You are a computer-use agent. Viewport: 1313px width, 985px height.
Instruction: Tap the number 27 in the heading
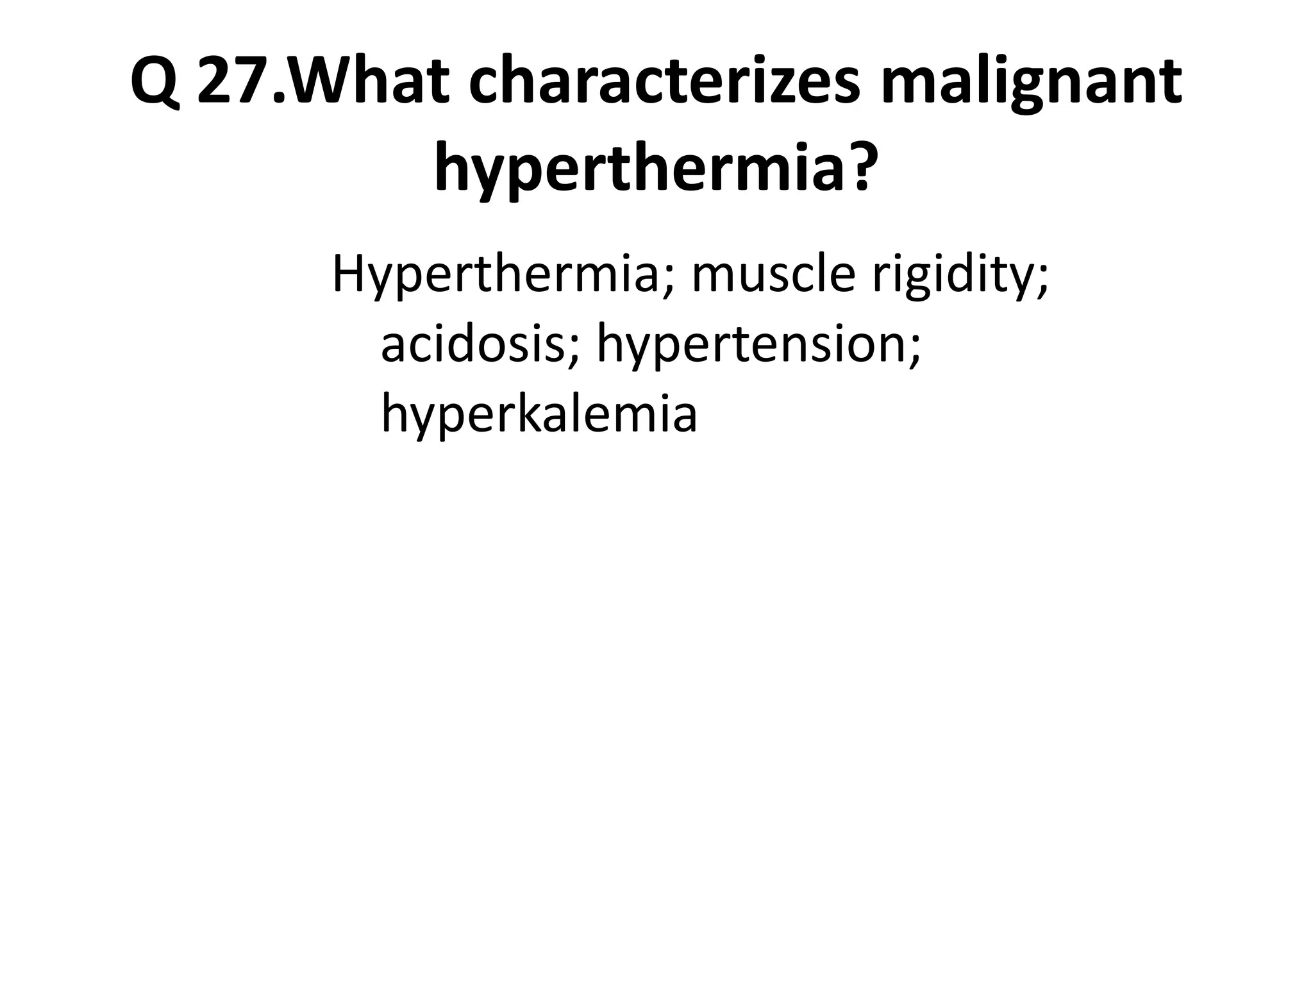(235, 83)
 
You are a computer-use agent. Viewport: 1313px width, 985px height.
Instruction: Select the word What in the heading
(369, 83)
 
